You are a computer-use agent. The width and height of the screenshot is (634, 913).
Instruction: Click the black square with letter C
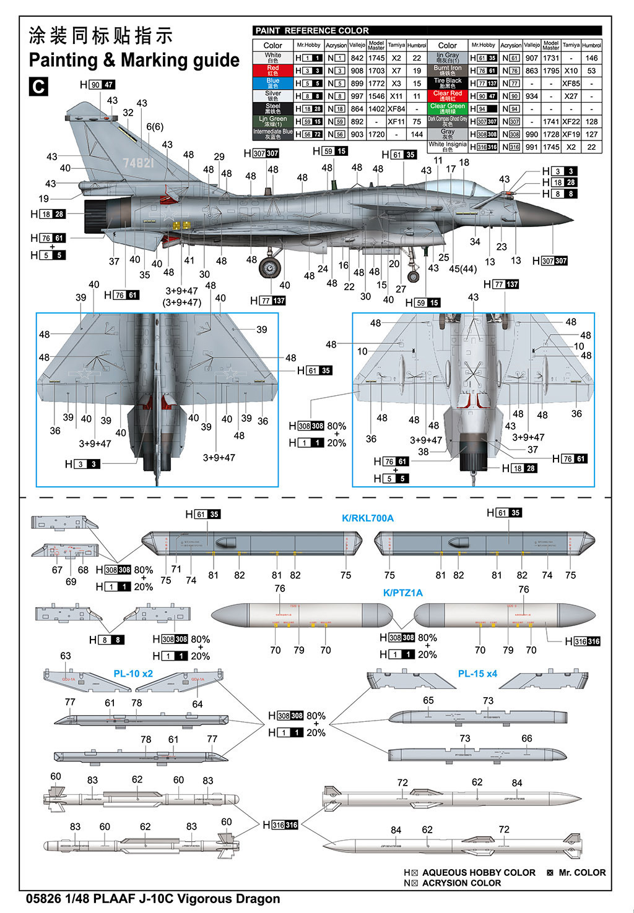(38, 87)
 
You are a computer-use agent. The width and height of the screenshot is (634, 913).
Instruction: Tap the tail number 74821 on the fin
(138, 163)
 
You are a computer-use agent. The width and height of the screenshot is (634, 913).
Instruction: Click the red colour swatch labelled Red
(272, 71)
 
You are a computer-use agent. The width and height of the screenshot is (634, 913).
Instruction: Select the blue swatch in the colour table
(272, 83)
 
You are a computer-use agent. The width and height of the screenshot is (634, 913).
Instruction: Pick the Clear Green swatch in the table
(447, 108)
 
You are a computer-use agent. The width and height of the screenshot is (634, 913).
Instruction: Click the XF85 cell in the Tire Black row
(571, 83)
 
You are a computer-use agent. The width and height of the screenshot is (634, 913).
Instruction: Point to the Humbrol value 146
(591, 58)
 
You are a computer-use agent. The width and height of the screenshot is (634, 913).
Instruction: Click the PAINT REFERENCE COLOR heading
(312, 30)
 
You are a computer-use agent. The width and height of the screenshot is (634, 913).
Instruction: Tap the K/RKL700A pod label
(368, 518)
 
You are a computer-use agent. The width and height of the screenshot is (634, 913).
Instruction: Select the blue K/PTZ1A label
(402, 593)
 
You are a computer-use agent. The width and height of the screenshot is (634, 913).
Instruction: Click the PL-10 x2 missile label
(133, 673)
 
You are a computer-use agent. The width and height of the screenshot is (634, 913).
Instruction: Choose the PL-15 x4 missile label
(477, 673)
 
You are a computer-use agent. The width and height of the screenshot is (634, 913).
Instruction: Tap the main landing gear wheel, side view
(269, 268)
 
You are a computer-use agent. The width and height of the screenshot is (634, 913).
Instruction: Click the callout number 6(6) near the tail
(155, 127)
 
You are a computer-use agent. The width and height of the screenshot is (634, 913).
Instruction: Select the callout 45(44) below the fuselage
(462, 268)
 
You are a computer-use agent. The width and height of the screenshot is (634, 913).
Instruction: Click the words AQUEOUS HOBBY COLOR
(479, 872)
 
